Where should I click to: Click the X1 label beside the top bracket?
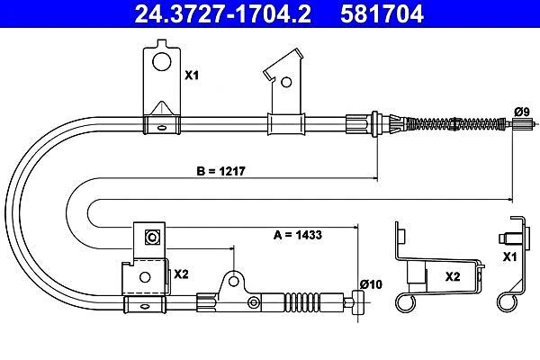point(191,76)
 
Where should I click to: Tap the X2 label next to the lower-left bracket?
point(180,273)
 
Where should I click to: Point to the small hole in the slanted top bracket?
point(285,81)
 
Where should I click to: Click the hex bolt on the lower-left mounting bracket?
point(152,238)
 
